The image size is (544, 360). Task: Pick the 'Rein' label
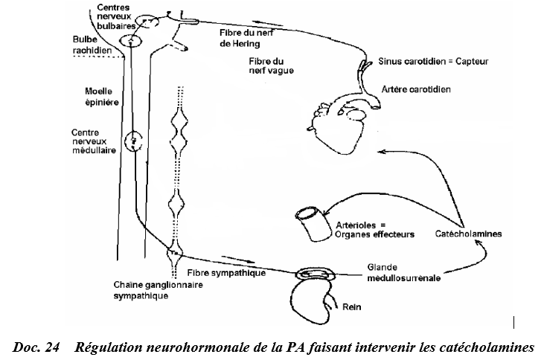[351, 305]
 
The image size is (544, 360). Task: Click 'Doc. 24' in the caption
[34, 347]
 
